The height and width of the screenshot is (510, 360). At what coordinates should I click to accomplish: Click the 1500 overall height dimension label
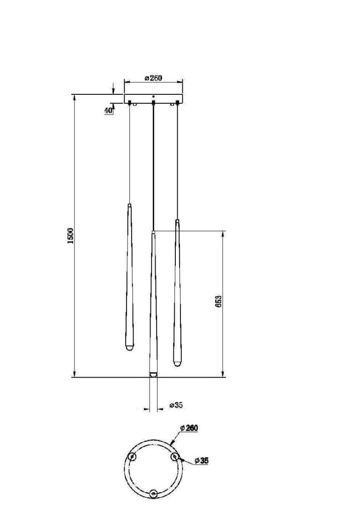[70, 236]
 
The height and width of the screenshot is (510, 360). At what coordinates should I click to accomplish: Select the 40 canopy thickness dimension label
[108, 110]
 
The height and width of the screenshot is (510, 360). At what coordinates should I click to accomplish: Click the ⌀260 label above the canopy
[153, 78]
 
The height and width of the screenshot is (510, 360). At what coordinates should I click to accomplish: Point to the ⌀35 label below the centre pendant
[176, 405]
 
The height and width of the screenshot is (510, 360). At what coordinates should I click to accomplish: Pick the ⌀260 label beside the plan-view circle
[189, 428]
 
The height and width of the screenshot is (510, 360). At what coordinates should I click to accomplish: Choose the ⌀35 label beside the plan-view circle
[202, 461]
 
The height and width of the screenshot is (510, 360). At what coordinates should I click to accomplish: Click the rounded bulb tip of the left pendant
[130, 348]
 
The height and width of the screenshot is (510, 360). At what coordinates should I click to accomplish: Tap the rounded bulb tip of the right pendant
[177, 363]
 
